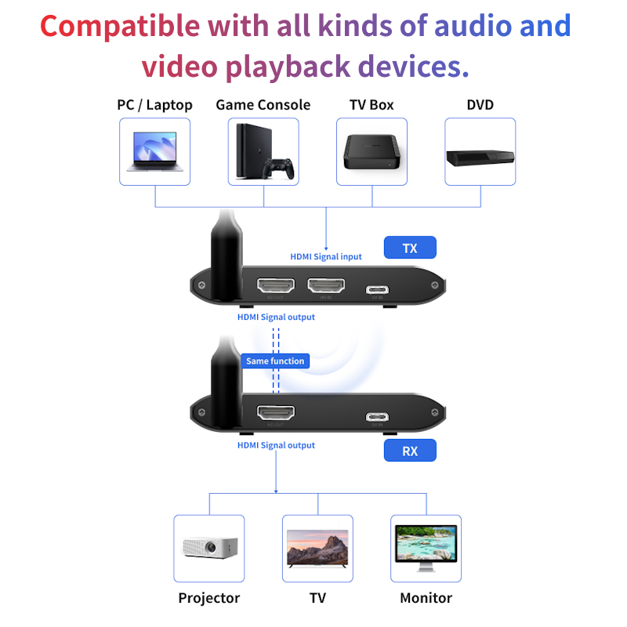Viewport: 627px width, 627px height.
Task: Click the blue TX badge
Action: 409,248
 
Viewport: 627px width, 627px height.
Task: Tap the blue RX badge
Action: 409,451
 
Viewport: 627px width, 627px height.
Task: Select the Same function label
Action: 275,361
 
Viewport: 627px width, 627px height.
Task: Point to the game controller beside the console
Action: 277,168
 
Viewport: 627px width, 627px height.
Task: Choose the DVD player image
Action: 480,154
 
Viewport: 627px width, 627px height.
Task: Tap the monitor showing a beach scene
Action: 426,546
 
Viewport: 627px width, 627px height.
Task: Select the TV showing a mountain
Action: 317,546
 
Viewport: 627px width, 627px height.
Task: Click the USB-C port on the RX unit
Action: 377,417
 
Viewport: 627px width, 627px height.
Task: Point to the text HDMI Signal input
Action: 326,257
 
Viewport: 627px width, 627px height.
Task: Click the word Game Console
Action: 263,105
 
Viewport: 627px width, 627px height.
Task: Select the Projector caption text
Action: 208,598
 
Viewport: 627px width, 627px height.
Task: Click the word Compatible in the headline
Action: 120,26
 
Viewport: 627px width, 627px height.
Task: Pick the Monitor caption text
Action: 426,598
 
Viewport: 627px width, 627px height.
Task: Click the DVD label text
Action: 480,105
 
